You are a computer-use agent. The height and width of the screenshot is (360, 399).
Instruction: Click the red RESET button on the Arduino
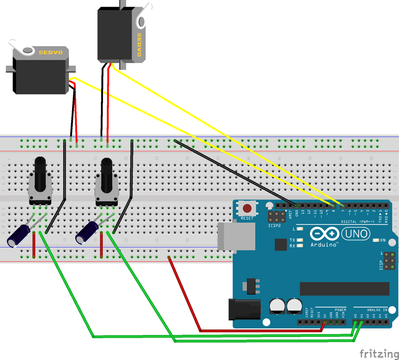247,208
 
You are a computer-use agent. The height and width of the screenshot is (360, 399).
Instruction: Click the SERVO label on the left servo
50,53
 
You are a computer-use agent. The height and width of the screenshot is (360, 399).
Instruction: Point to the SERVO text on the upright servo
139,45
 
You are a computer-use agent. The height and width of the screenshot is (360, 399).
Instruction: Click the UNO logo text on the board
356,233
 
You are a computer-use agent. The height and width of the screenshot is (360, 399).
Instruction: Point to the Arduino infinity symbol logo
324,234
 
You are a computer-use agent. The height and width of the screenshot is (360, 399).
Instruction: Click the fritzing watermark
379,353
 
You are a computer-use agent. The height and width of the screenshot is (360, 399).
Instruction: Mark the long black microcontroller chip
344,289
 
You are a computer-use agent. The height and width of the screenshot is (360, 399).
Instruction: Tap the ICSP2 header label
274,225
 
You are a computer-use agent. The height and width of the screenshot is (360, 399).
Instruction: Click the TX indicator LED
300,240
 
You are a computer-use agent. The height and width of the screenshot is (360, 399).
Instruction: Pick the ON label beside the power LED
383,240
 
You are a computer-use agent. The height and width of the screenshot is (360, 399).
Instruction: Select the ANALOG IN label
377,310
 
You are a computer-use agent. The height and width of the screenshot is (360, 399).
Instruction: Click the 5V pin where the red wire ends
324,322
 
